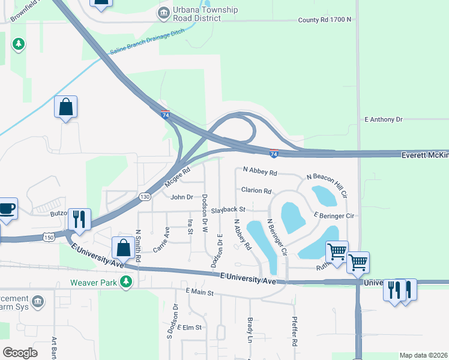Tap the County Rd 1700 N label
point(325,20)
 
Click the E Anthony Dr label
point(384,120)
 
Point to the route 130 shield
point(145,196)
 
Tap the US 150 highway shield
point(49,238)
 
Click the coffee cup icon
point(7,209)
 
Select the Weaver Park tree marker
point(125,281)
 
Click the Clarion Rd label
point(256,191)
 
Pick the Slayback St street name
point(229,211)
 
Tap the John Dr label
point(182,197)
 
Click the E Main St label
point(199,292)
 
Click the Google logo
point(20,352)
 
